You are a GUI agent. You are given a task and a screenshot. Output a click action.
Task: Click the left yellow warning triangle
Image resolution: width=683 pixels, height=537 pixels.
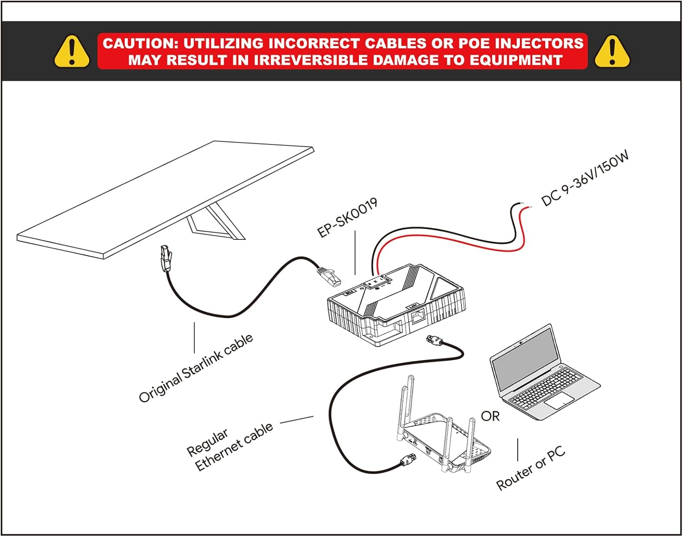pyautogui.click(x=72, y=51)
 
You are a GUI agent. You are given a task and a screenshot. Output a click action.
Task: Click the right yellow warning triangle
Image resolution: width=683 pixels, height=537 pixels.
pyautogui.click(x=612, y=51)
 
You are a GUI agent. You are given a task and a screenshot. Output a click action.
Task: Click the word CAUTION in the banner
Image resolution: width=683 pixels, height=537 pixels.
pyautogui.click(x=137, y=43)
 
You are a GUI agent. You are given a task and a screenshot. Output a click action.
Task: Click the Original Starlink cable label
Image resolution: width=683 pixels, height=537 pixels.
pyautogui.click(x=196, y=368)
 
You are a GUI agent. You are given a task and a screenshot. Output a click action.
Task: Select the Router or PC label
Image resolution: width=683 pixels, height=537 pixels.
pyautogui.click(x=531, y=468)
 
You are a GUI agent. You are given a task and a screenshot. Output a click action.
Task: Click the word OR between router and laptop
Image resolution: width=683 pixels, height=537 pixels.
pyautogui.click(x=490, y=416)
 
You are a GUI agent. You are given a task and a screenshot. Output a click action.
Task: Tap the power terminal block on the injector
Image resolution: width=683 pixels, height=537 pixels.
pyautogui.click(x=377, y=282)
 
